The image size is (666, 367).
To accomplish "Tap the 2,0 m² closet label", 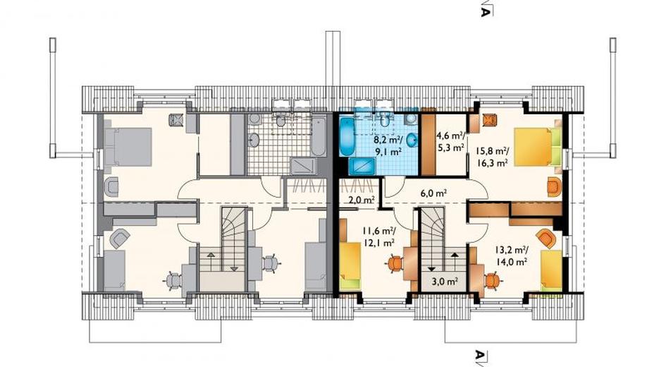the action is (x=362, y=200).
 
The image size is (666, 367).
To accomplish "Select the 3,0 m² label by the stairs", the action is (x=445, y=281).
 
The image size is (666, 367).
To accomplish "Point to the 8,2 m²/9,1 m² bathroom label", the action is (x=388, y=145).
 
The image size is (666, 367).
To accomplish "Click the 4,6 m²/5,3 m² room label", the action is (x=450, y=142).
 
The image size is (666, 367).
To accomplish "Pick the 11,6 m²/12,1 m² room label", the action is (x=379, y=237).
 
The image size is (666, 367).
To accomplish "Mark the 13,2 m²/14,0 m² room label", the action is (x=512, y=255).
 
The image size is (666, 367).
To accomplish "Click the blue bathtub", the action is (x=346, y=136).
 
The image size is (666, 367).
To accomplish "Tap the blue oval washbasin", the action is (x=412, y=140).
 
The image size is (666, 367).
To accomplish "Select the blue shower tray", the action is (x=362, y=167).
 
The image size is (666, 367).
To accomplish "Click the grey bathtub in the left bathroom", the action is (x=318, y=136).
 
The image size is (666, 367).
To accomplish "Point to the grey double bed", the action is (x=128, y=147).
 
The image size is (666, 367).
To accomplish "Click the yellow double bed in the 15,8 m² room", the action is (x=538, y=147).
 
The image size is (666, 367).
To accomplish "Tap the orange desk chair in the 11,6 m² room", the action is (x=395, y=264).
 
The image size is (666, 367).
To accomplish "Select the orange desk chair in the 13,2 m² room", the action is (x=492, y=281).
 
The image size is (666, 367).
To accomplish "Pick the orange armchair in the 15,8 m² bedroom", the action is (x=553, y=187).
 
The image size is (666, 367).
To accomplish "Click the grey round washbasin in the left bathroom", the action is (x=254, y=140).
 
